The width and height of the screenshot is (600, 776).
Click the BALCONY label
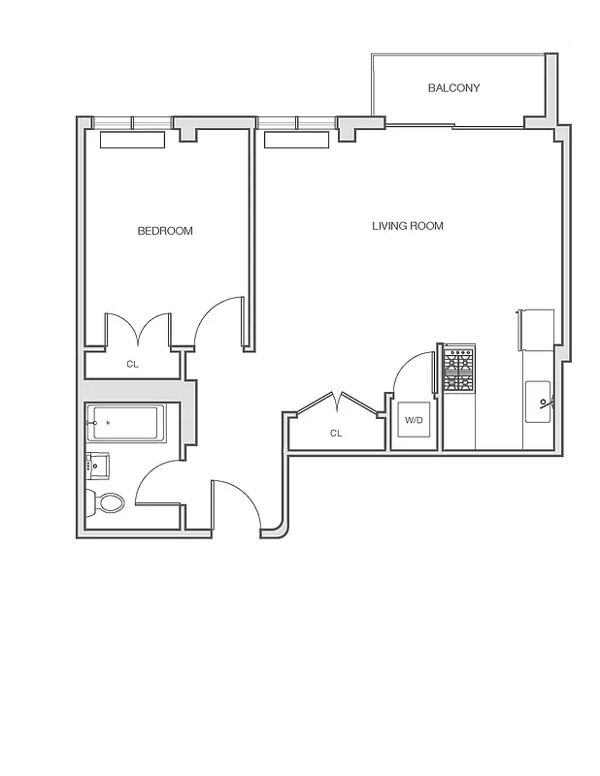coord(453,88)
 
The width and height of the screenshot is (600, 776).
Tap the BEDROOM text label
coord(165,231)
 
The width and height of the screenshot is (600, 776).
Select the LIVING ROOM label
coord(408,226)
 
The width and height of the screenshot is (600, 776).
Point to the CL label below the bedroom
coord(132,365)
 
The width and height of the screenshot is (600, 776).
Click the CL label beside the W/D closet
coord(336,434)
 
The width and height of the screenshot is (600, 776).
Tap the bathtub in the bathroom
coord(123,424)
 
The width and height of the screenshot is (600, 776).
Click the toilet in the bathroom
coord(107,502)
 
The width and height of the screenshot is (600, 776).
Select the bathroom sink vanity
coord(97,465)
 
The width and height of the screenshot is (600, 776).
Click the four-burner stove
coord(458,370)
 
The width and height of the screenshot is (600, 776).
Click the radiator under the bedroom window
coord(133,140)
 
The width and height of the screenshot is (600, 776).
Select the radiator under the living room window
coord(297,141)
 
